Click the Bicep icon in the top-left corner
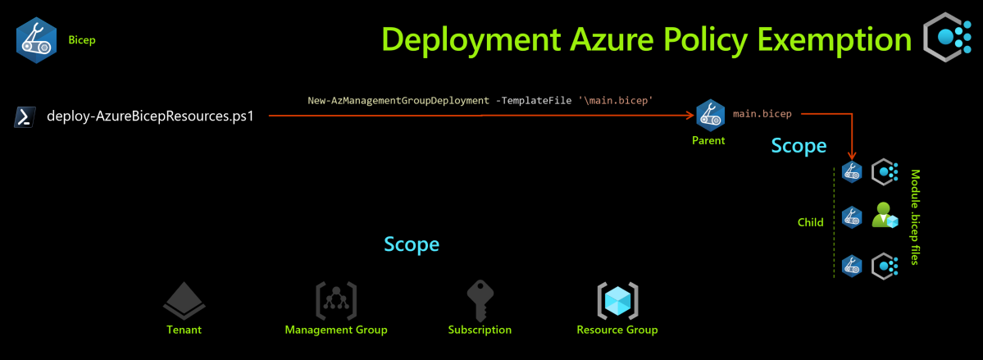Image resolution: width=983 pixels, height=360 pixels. [36, 39]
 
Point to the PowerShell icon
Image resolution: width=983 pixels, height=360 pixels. [25, 117]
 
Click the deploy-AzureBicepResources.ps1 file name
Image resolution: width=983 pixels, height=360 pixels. [151, 116]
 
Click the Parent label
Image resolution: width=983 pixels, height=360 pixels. [708, 140]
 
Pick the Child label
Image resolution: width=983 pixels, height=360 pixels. [811, 222]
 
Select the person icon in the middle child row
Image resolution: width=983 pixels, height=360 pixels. [885, 216]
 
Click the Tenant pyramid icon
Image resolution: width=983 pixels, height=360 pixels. [184, 302]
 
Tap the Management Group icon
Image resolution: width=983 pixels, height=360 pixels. [336, 301]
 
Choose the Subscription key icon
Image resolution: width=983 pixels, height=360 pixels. [480, 301]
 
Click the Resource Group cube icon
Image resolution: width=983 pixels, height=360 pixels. [617, 301]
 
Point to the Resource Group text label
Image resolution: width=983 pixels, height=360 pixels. [617, 330]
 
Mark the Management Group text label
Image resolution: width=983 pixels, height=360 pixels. [336, 330]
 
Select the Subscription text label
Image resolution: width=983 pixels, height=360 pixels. [480, 330]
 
